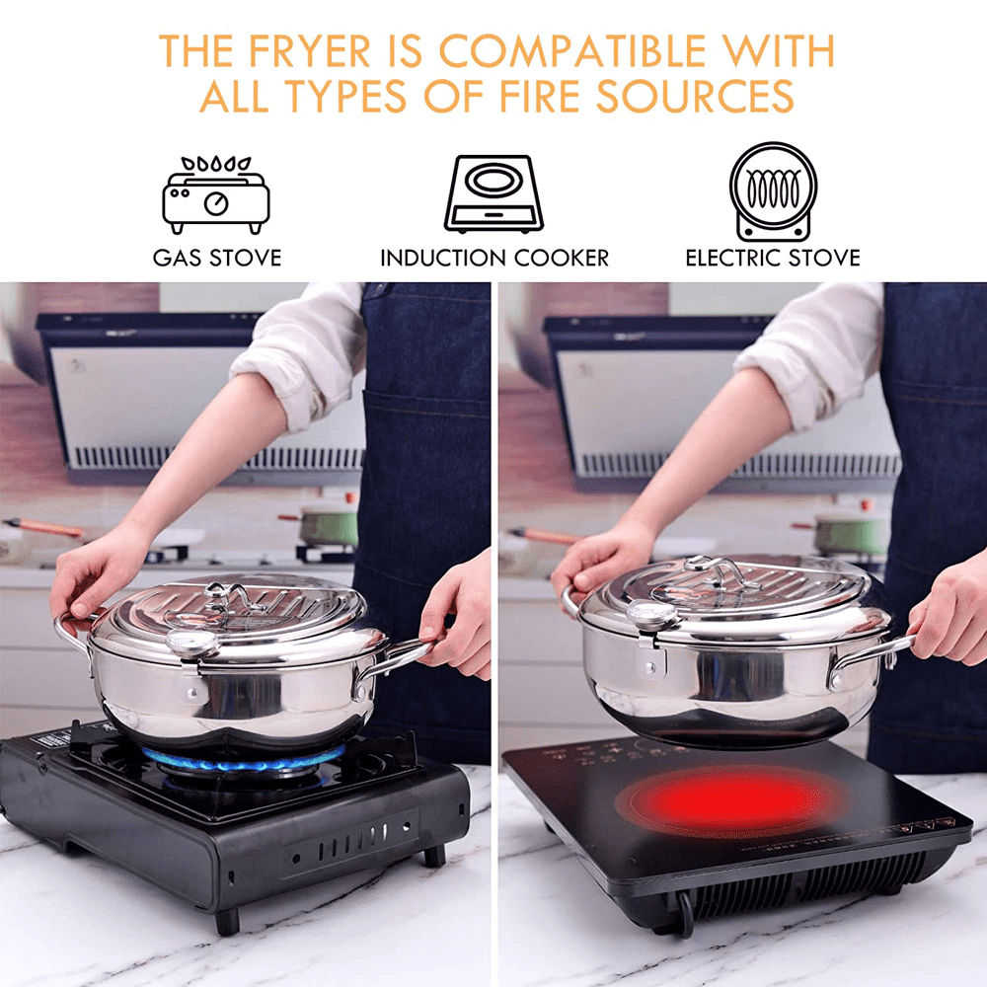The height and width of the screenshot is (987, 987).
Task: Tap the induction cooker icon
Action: point(494,193)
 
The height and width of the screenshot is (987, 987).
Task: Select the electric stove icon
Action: point(773,191)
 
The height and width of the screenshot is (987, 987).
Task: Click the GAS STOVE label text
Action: point(217,259)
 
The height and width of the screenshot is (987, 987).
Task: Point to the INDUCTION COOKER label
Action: point(494,259)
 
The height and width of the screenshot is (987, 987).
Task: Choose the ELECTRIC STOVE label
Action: point(773,259)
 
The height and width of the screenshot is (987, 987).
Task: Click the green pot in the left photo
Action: point(329,526)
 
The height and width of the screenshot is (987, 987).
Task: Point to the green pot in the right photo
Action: point(851,533)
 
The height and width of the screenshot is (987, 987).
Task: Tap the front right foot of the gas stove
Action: point(433,854)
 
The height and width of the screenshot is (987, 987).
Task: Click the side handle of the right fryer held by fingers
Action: point(869,656)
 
